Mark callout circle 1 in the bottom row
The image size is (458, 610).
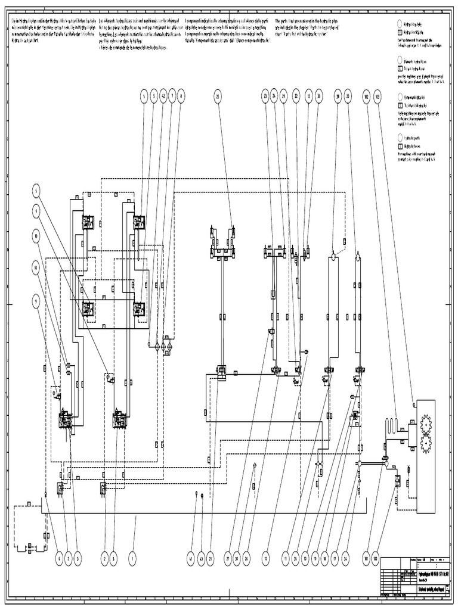(x=132, y=559)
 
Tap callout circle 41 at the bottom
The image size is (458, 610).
(x=191, y=559)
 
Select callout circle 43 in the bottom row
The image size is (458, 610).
(x=201, y=559)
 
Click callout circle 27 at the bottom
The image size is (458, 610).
(x=227, y=559)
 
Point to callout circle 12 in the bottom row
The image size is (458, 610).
(x=266, y=559)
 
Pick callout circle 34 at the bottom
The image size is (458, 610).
(x=346, y=559)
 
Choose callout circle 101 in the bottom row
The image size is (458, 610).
(x=366, y=559)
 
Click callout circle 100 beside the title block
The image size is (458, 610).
(x=376, y=559)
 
